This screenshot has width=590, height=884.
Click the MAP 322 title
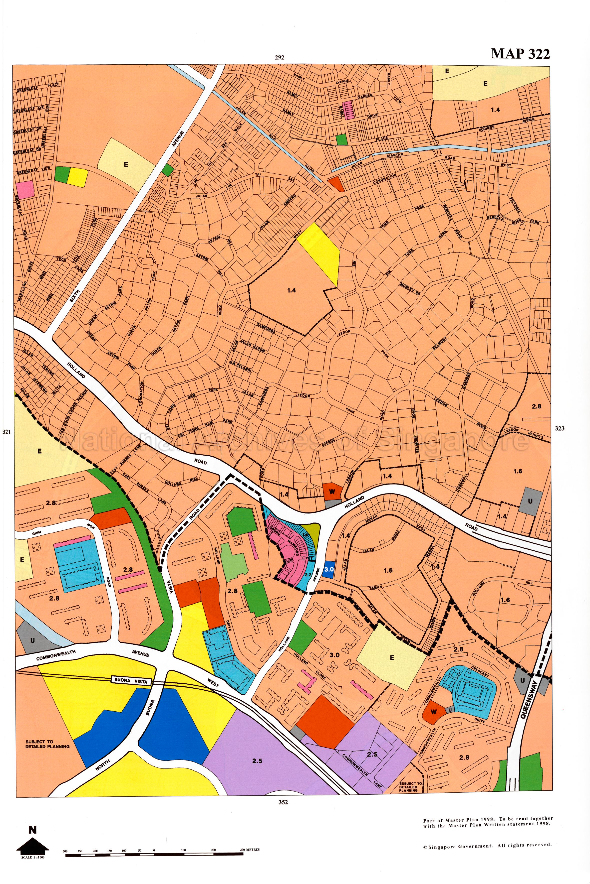pyautogui.click(x=520, y=54)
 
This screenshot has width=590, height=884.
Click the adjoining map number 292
pyautogui.click(x=279, y=57)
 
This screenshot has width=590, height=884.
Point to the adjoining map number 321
pyautogui.click(x=7, y=432)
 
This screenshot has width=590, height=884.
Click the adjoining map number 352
pyautogui.click(x=283, y=802)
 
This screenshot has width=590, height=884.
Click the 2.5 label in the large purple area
pyautogui.click(x=257, y=761)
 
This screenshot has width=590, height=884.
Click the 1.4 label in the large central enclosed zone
pyautogui.click(x=291, y=290)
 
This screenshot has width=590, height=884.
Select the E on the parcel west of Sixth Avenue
pyautogui.click(x=126, y=164)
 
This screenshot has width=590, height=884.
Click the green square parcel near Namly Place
pyautogui.click(x=341, y=139)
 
